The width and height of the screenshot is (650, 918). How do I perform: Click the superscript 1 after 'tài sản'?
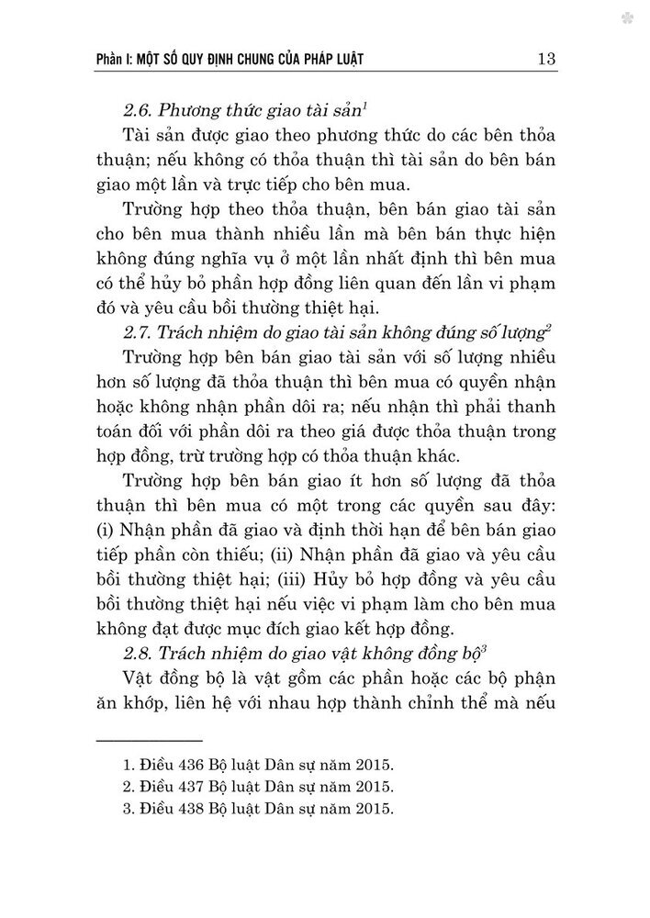pos(341,106)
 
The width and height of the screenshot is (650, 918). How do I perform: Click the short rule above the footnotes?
pos(149,740)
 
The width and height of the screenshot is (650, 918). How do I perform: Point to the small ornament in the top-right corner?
pos(626,17)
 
